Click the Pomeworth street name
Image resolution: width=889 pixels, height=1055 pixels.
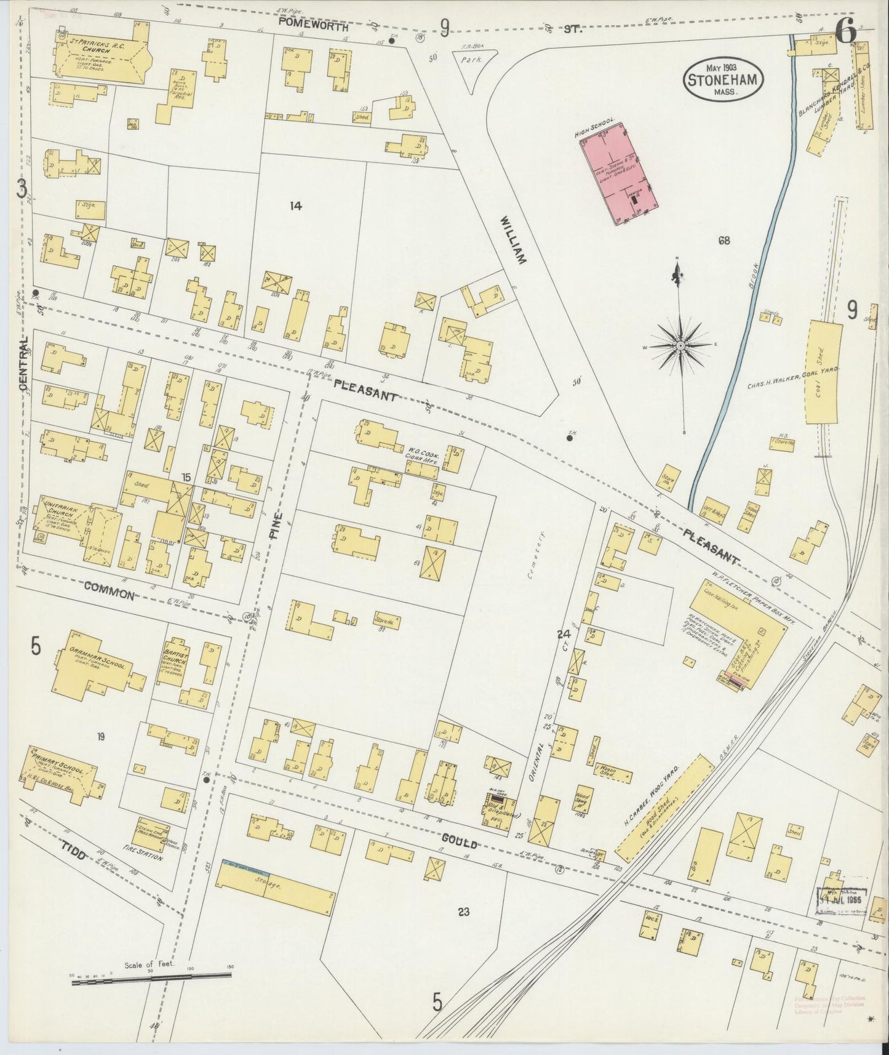[x=313, y=27]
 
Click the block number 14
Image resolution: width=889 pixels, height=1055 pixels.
[x=296, y=206]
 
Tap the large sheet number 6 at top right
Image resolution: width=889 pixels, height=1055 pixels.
[x=846, y=32]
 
